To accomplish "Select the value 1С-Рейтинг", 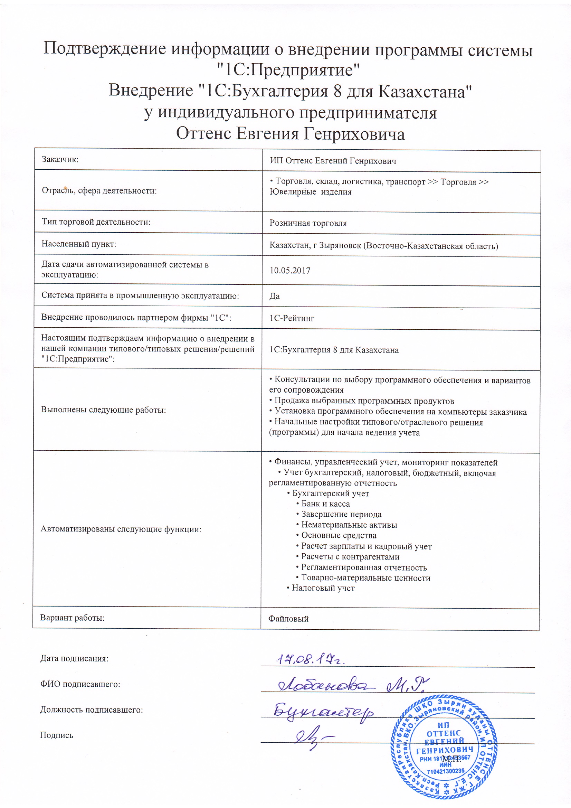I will pyautogui.click(x=292, y=318).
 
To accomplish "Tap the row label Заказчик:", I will pyautogui.click(x=60, y=159).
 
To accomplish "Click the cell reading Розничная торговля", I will pyautogui.click(x=308, y=223).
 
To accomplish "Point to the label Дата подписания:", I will pyautogui.click(x=74, y=658).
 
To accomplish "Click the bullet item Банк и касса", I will pyautogui.click(x=325, y=504).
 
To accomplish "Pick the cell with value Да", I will pyautogui.click(x=274, y=296).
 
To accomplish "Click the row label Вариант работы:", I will pyautogui.click(x=72, y=618).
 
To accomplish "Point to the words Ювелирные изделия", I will pyautogui.click(x=310, y=192).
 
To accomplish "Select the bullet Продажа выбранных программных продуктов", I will pyautogui.click(x=364, y=401).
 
